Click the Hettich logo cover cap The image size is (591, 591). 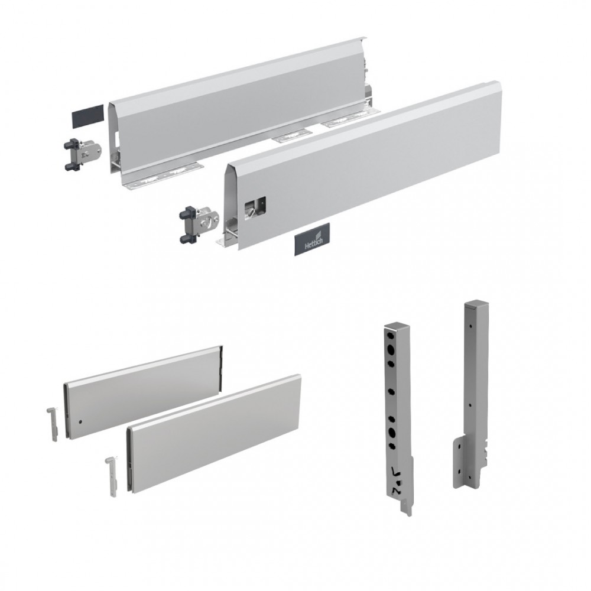click(311, 239)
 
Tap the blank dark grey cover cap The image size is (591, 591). click(87, 115)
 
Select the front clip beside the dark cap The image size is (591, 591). click(82, 155)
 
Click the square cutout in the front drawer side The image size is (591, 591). click(255, 206)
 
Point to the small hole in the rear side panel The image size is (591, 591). click(81, 421)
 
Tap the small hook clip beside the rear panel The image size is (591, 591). click(52, 424)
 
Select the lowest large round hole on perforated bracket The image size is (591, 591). click(391, 433)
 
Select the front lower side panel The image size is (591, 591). click(214, 433)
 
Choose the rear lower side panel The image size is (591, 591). click(144, 392)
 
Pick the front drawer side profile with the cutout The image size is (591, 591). click(362, 166)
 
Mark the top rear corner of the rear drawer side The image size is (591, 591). click(365, 37)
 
